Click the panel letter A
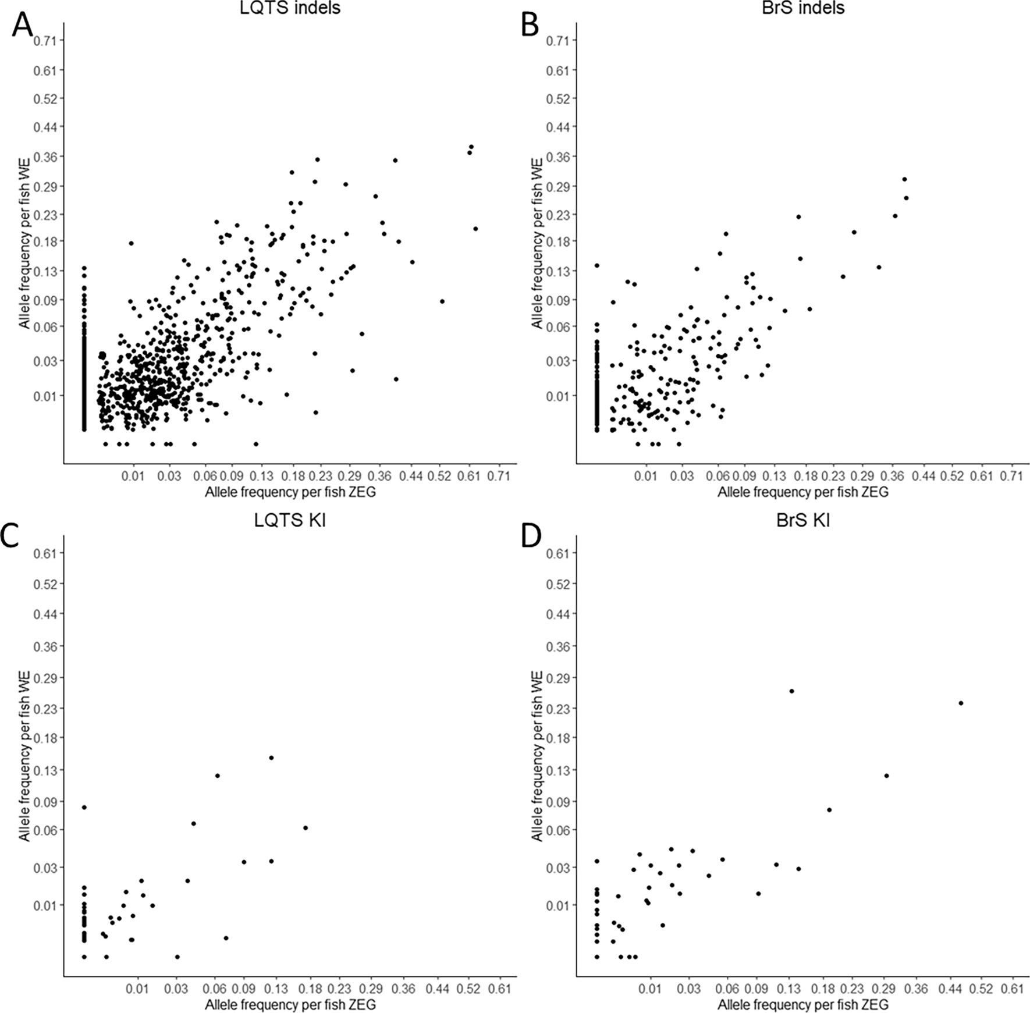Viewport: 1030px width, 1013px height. [x=22, y=26]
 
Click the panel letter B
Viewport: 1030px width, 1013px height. [x=530, y=26]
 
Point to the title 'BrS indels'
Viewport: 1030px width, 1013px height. [x=802, y=8]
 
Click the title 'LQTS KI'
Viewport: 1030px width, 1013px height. [x=290, y=520]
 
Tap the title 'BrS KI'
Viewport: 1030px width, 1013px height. [x=802, y=520]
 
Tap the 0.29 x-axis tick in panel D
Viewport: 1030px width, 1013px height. [x=885, y=989]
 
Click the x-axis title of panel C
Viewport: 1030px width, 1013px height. [x=290, y=1004]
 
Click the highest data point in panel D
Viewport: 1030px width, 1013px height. [x=791, y=691]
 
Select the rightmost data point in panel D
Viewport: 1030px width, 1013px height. [x=961, y=703]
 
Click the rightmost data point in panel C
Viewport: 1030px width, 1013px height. [x=305, y=828]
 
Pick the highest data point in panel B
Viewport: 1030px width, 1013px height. [x=904, y=179]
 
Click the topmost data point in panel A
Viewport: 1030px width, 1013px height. [x=471, y=147]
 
